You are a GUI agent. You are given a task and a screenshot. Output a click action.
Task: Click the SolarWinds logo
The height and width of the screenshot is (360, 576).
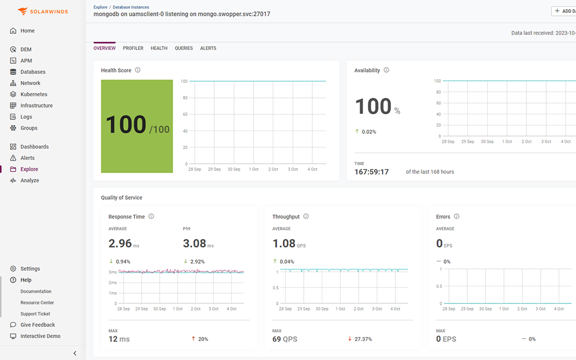pos(43,11)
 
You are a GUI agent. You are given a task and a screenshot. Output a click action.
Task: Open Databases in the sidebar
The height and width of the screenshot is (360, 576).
pos(33,72)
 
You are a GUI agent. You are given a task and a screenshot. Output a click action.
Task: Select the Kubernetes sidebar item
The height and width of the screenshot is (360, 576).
pos(34,94)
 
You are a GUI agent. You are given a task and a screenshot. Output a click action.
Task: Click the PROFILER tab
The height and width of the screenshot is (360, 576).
pos(133,48)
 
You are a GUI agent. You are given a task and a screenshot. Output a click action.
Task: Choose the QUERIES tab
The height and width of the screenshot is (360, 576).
pos(184,48)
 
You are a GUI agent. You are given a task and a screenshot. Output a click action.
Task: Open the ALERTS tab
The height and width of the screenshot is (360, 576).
pos(208,48)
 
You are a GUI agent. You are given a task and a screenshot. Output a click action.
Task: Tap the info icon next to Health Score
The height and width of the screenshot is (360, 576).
pos(138,70)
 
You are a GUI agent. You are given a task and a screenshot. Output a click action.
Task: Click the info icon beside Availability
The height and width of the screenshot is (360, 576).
pos(386,70)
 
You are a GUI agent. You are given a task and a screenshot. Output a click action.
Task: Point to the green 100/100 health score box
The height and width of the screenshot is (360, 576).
pos(137,126)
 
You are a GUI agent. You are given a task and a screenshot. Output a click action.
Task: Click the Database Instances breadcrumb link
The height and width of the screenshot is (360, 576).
pos(131,7)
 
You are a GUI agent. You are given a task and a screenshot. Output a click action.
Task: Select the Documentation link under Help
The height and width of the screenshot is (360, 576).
pos(36,291)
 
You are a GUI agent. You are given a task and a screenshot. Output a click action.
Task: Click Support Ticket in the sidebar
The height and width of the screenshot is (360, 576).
pos(35,314)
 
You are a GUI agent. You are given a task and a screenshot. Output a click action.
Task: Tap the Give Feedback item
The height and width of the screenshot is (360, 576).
pos(38,325)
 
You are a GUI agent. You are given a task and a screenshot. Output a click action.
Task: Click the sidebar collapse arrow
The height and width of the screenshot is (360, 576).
pos(75,353)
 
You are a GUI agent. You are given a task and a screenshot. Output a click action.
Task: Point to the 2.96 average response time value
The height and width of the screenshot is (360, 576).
pos(120,244)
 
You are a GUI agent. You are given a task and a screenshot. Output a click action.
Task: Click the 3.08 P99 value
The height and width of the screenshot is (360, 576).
pos(195,244)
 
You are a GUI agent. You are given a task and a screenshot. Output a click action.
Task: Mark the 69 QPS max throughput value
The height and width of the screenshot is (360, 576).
pos(285,339)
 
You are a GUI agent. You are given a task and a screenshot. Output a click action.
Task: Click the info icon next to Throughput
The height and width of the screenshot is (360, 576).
pos(306,217)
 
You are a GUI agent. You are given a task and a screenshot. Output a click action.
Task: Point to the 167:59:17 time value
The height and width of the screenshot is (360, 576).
pos(371,172)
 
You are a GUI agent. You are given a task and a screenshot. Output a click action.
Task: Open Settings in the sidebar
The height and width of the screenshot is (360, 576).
pos(30,269)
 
